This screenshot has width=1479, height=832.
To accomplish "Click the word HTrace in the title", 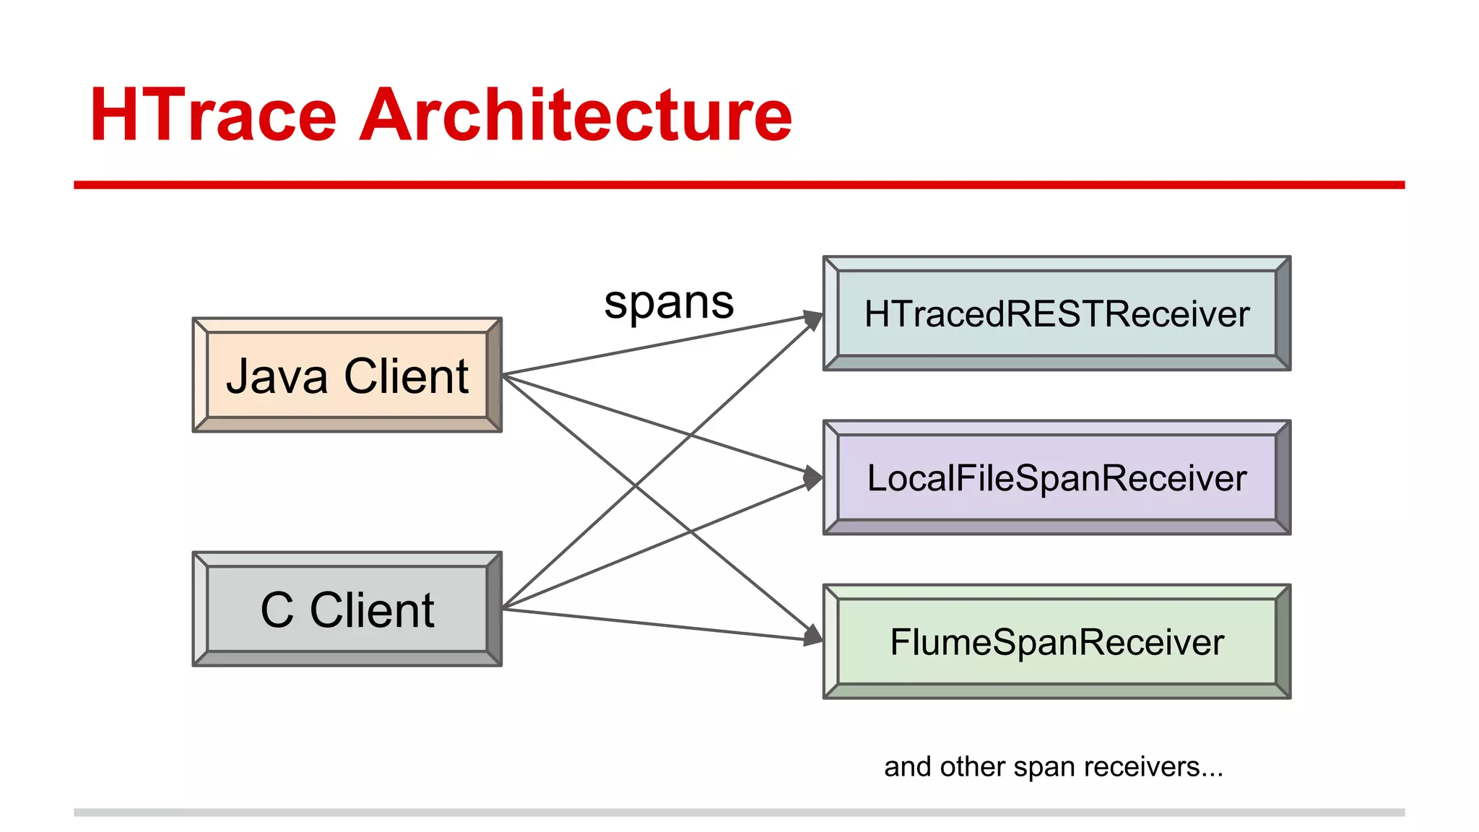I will pyautogui.click(x=214, y=116).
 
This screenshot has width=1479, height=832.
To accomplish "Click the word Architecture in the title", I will pyautogui.click(x=576, y=116).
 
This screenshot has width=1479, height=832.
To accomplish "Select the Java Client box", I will pyautogui.click(x=347, y=375).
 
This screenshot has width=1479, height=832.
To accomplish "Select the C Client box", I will pyautogui.click(x=347, y=609).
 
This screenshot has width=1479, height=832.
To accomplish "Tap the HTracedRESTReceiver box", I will pyautogui.click(x=1057, y=313).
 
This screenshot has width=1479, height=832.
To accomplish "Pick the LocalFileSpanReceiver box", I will pyautogui.click(x=1057, y=477).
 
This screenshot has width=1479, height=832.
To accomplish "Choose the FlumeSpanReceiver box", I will pyautogui.click(x=1057, y=641).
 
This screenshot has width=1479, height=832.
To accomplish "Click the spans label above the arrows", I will pyautogui.click(x=669, y=302).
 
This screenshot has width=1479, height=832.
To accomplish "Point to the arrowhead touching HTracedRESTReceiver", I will pyautogui.click(x=815, y=319).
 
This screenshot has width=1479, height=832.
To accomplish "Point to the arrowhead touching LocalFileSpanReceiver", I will pyautogui.click(x=815, y=478).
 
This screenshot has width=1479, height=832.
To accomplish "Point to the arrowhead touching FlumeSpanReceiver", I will pyautogui.click(x=815, y=636).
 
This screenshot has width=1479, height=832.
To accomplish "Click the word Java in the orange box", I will pyautogui.click(x=277, y=376).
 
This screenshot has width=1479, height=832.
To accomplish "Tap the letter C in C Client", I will pyautogui.click(x=277, y=610).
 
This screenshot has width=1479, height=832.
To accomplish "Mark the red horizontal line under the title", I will pyautogui.click(x=739, y=185).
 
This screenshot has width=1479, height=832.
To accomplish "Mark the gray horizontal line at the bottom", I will pyautogui.click(x=739, y=812).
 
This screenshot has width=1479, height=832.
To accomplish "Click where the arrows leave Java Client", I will pyautogui.click(x=504, y=374).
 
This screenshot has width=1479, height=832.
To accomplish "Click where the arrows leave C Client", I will pyautogui.click(x=504, y=608).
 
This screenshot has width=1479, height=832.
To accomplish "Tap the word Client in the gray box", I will pyautogui.click(x=372, y=610).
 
